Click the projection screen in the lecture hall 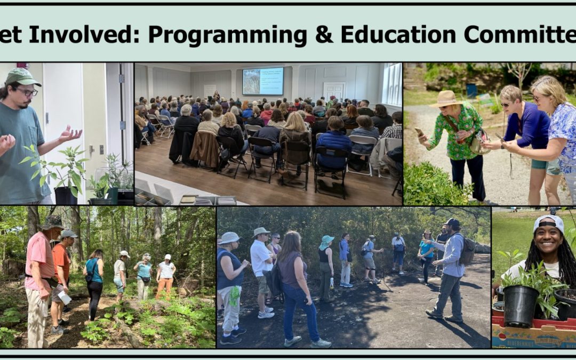pos(263,81)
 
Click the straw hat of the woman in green pos(446,99)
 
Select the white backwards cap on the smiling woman pos(549,223)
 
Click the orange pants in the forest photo pos(165,289)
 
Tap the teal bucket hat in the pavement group pos(326,240)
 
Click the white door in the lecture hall pos(334,90)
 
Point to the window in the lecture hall pos(393,84)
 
